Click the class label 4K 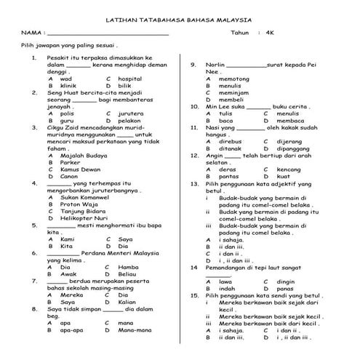pos(270,33)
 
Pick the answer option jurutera pos(131,114)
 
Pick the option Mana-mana pos(135,330)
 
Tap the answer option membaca pos(289,121)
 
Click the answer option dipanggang pos(293,148)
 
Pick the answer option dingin pos(286,281)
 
